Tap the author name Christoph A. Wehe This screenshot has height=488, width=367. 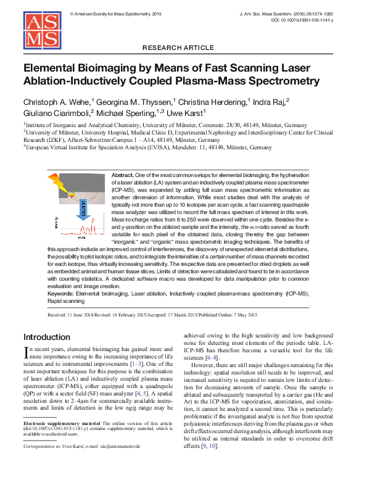[x=57, y=101]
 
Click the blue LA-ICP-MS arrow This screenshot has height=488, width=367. [x=85, y=210]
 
